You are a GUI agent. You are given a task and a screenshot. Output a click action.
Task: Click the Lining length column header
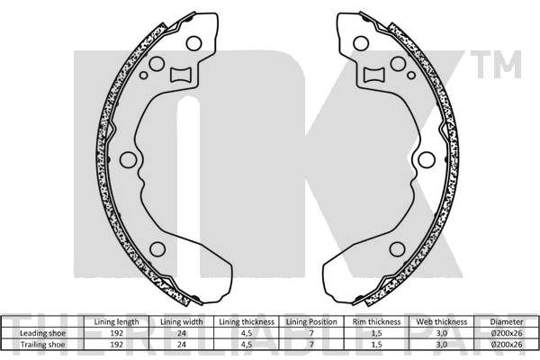(x=116, y=322)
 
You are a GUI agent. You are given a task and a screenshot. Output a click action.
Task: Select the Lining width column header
(x=182, y=322)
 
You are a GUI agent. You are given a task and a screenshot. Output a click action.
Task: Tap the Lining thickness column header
(x=247, y=322)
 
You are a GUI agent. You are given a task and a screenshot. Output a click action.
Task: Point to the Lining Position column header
(x=311, y=322)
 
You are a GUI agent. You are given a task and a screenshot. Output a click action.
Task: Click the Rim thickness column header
(x=376, y=322)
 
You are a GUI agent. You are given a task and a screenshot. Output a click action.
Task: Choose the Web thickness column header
(x=442, y=322)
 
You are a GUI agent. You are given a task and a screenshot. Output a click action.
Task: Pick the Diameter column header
(x=507, y=322)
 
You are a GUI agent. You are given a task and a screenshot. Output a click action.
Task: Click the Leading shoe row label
(x=42, y=333)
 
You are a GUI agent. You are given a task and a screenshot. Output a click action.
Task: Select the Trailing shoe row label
(x=42, y=345)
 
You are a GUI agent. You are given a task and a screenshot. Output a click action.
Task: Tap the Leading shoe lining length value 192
(x=116, y=333)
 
